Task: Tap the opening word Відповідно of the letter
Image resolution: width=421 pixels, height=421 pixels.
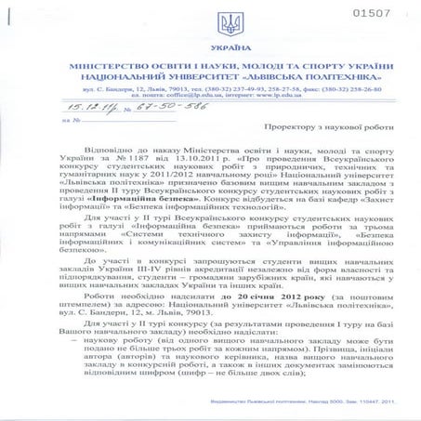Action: tap(115, 149)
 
